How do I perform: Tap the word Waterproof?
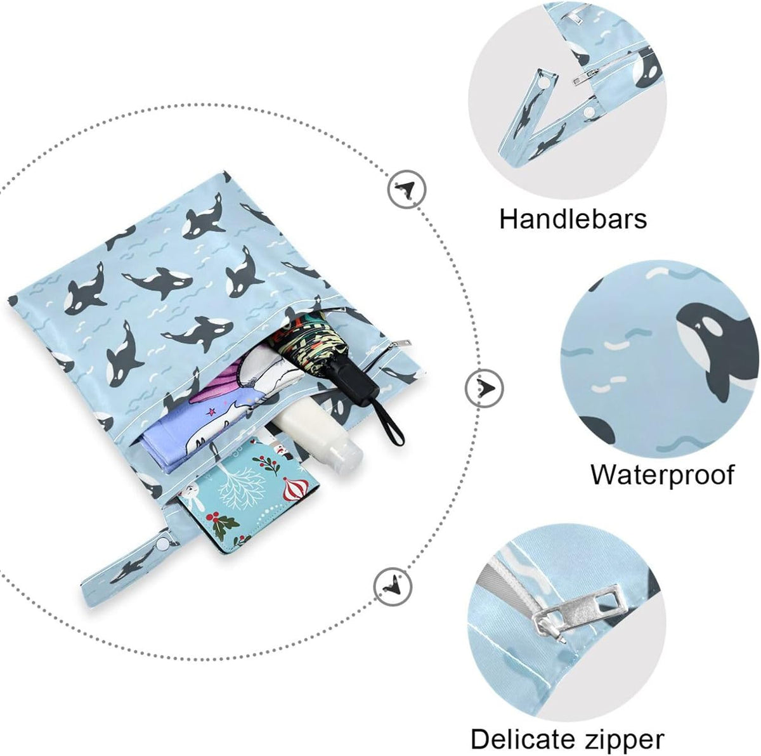click(x=662, y=474)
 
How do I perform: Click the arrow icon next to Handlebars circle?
click(x=407, y=189)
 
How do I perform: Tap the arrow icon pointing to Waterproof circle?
click(x=485, y=388)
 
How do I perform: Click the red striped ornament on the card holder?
click(x=296, y=490)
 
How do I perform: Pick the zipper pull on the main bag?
click(x=399, y=344)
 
